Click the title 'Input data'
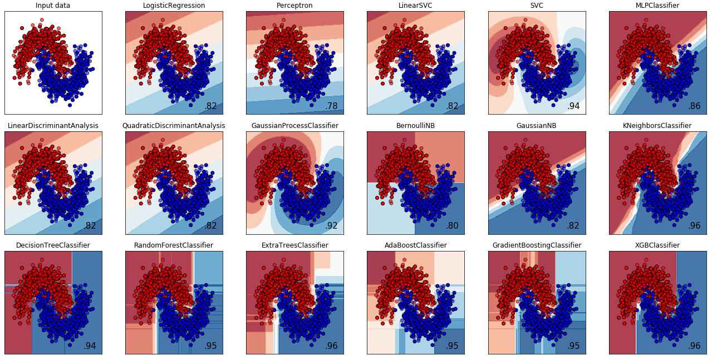(53, 6)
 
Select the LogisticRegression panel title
(174, 6)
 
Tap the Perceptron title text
(294, 6)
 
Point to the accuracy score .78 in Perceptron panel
(332, 106)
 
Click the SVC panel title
(537, 6)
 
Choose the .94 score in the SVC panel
(574, 106)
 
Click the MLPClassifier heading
(657, 6)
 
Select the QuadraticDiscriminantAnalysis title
(174, 126)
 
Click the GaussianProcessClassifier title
(294, 126)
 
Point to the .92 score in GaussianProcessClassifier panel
(332, 226)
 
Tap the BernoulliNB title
(415, 126)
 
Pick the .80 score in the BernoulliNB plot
(453, 226)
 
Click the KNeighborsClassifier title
(657, 126)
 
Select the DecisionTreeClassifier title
(53, 245)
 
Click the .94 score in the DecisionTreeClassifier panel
(90, 346)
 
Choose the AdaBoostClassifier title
(415, 245)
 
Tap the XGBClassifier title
(657, 245)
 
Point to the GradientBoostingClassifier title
(537, 245)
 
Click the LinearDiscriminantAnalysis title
(53, 126)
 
